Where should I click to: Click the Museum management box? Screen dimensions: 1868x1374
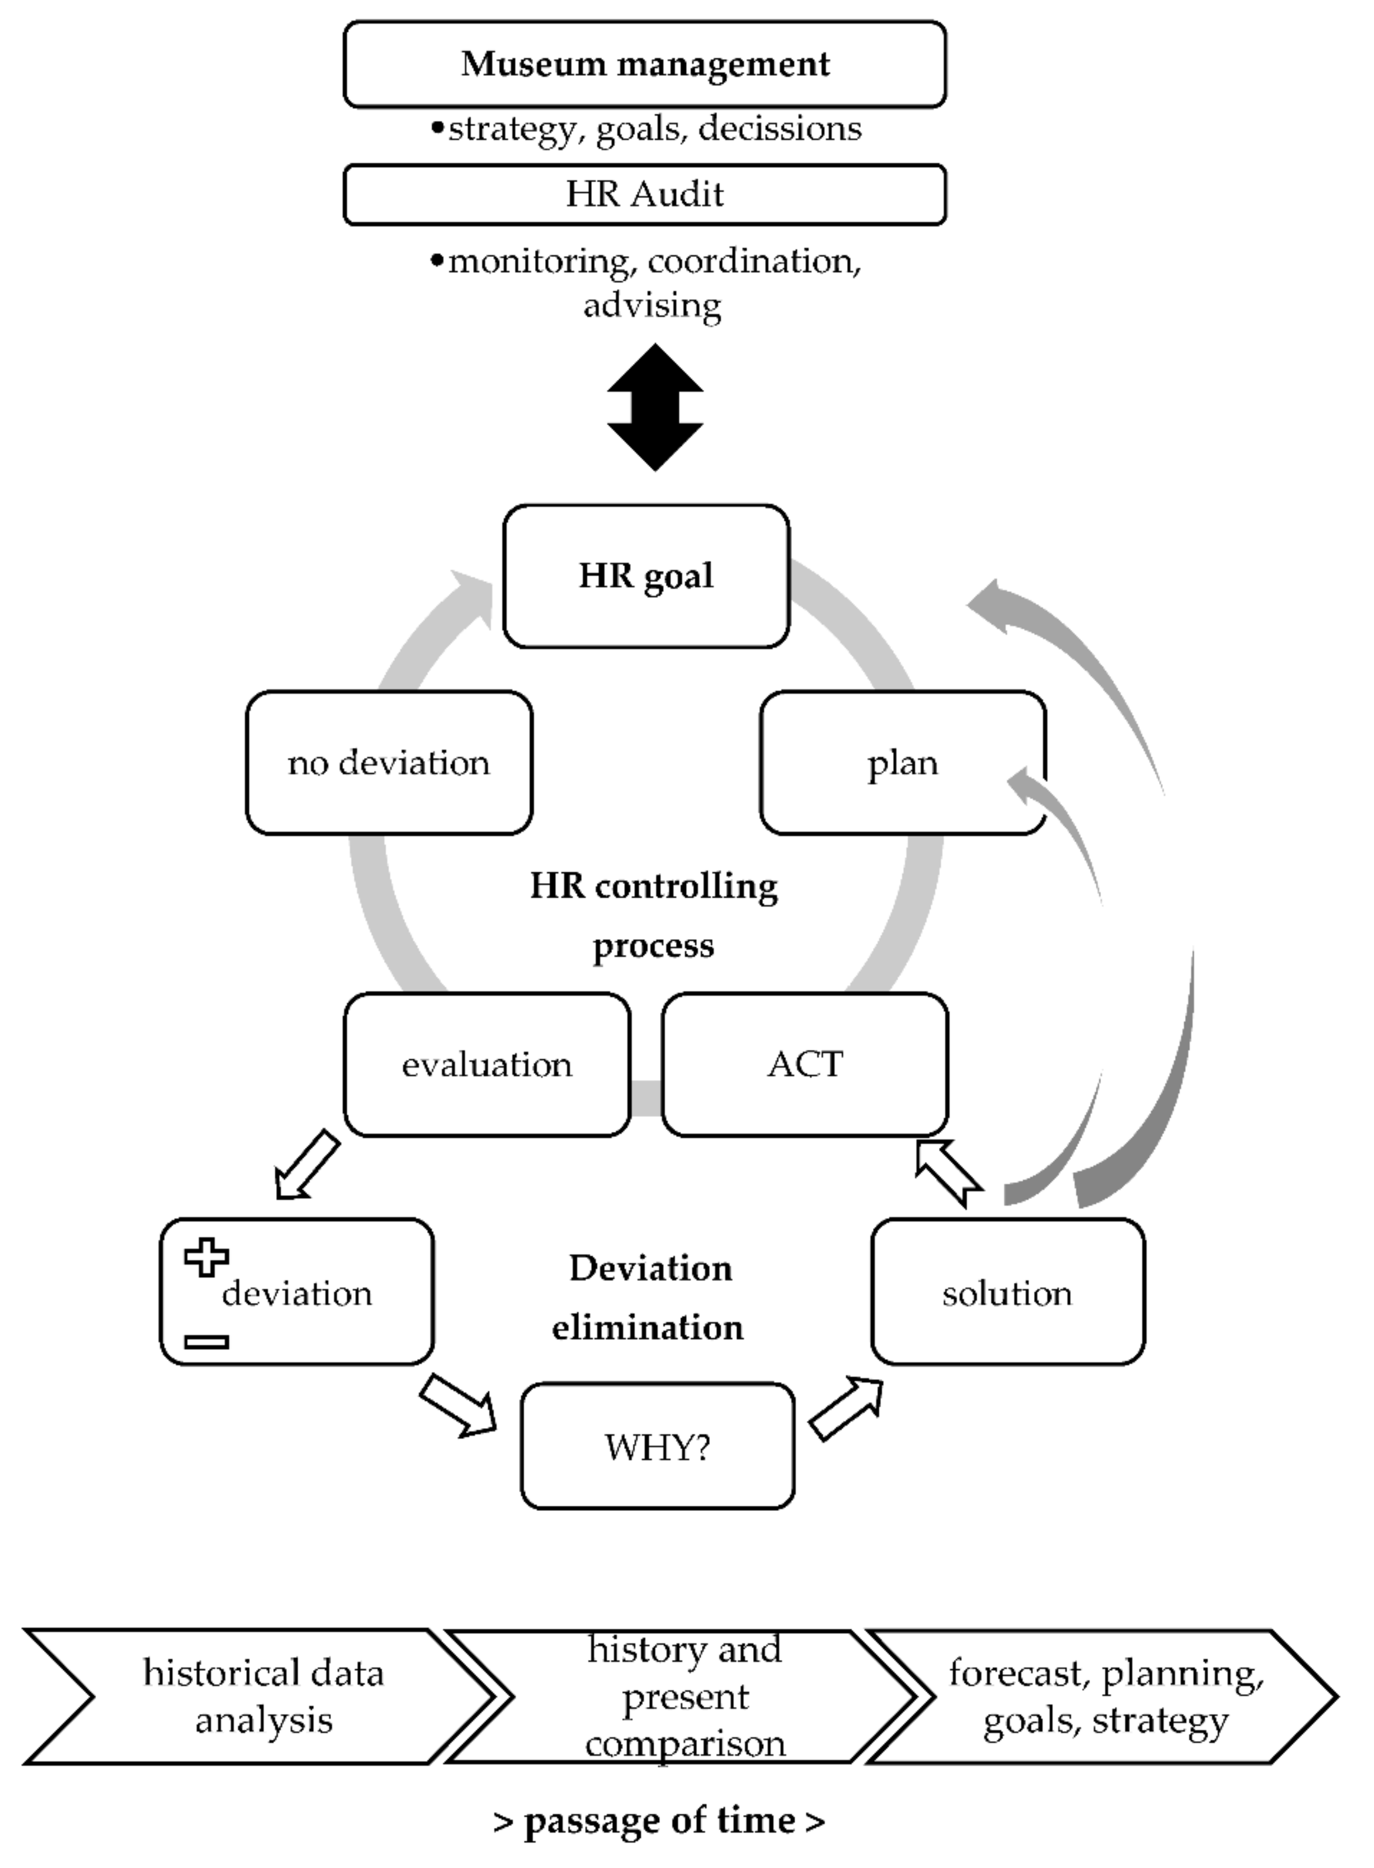point(645,64)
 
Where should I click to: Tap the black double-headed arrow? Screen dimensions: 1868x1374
point(655,408)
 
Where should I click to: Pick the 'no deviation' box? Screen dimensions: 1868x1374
point(389,762)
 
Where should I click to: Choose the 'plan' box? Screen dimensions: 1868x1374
point(902,762)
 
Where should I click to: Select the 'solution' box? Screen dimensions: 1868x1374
point(1007,1292)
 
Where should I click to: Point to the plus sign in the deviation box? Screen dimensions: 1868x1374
point(206,1257)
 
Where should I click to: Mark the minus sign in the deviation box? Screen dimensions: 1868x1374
point(206,1341)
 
